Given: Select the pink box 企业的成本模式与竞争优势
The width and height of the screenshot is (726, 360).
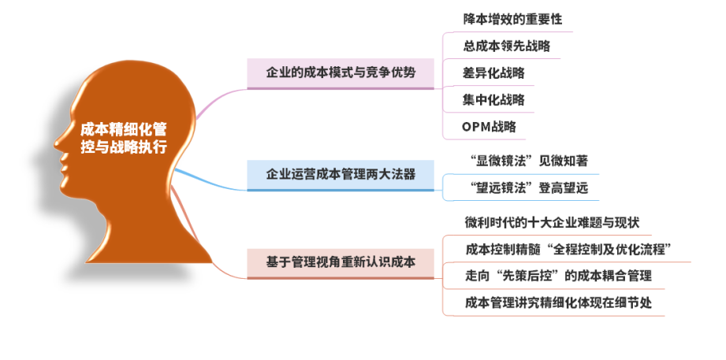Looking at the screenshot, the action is coord(341,73).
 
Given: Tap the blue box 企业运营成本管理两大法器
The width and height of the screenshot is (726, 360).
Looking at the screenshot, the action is coord(341,175).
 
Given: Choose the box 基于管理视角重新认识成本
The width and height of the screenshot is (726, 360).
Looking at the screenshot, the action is coord(341,263).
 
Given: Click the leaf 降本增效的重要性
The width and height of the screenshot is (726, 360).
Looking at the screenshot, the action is coord(512,19).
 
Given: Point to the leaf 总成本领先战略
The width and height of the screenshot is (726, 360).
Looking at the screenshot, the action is coord(507,46).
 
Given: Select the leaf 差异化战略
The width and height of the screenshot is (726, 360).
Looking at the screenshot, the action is coord(493,72).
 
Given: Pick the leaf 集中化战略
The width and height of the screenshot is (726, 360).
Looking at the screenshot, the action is coord(493,99).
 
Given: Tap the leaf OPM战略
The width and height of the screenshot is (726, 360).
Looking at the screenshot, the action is coord(489,126).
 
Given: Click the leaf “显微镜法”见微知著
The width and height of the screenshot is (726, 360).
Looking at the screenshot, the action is coord(526,161).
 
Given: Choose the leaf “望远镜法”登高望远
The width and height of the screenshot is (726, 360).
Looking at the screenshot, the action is coord(526,187).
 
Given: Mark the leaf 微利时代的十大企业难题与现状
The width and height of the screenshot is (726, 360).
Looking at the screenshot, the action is coord(553,222).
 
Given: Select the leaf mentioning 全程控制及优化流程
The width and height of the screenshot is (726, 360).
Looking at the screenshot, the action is coord(568,249).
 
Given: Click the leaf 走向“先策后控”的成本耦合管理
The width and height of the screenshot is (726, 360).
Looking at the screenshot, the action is coord(558,276).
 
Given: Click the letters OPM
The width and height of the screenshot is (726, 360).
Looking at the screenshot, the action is coord(476,126).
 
